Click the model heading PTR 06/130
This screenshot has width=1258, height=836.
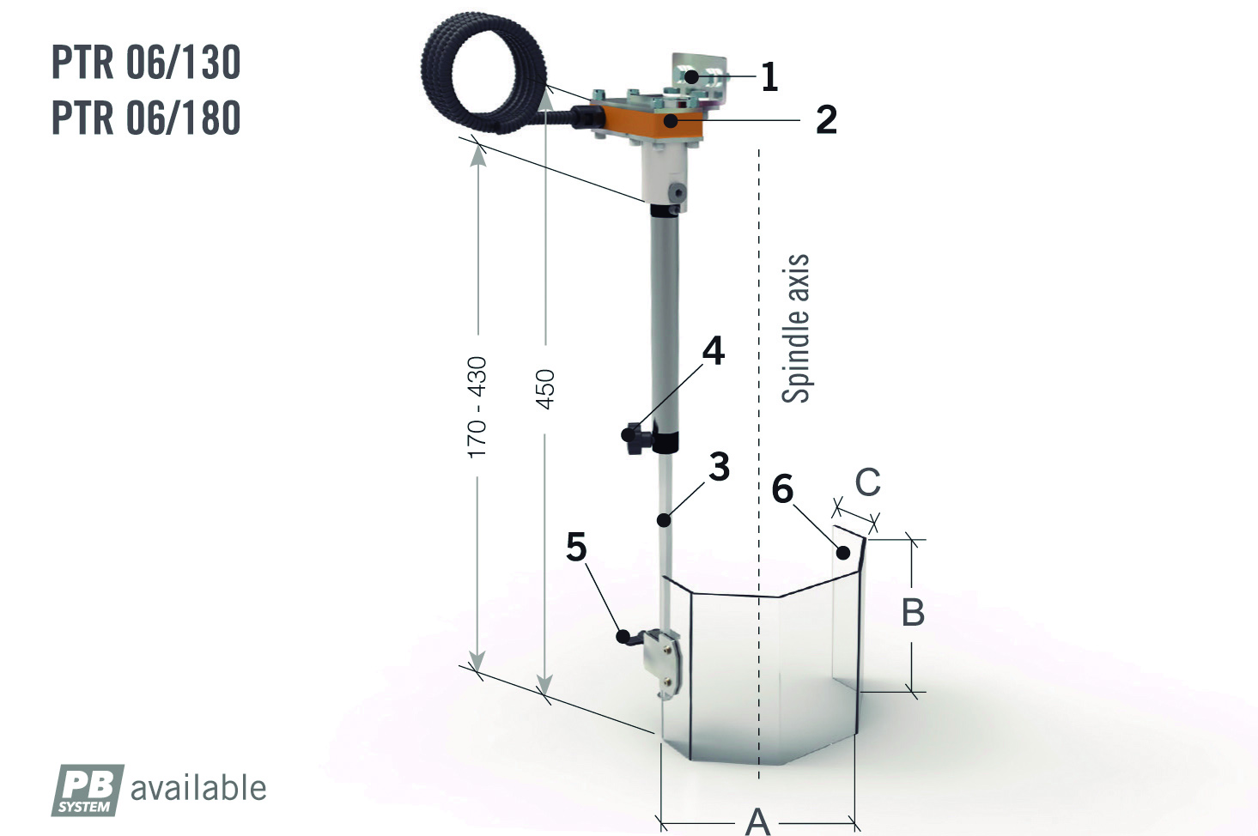click(146, 62)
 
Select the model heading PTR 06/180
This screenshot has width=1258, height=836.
click(146, 118)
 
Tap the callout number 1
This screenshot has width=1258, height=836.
click(769, 76)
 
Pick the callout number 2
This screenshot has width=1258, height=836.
click(826, 119)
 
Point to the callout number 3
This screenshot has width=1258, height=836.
click(720, 466)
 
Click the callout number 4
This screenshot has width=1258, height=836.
click(714, 351)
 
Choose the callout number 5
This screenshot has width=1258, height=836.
click(576, 546)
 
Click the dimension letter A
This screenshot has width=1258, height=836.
click(757, 822)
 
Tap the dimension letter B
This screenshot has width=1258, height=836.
click(913, 612)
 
